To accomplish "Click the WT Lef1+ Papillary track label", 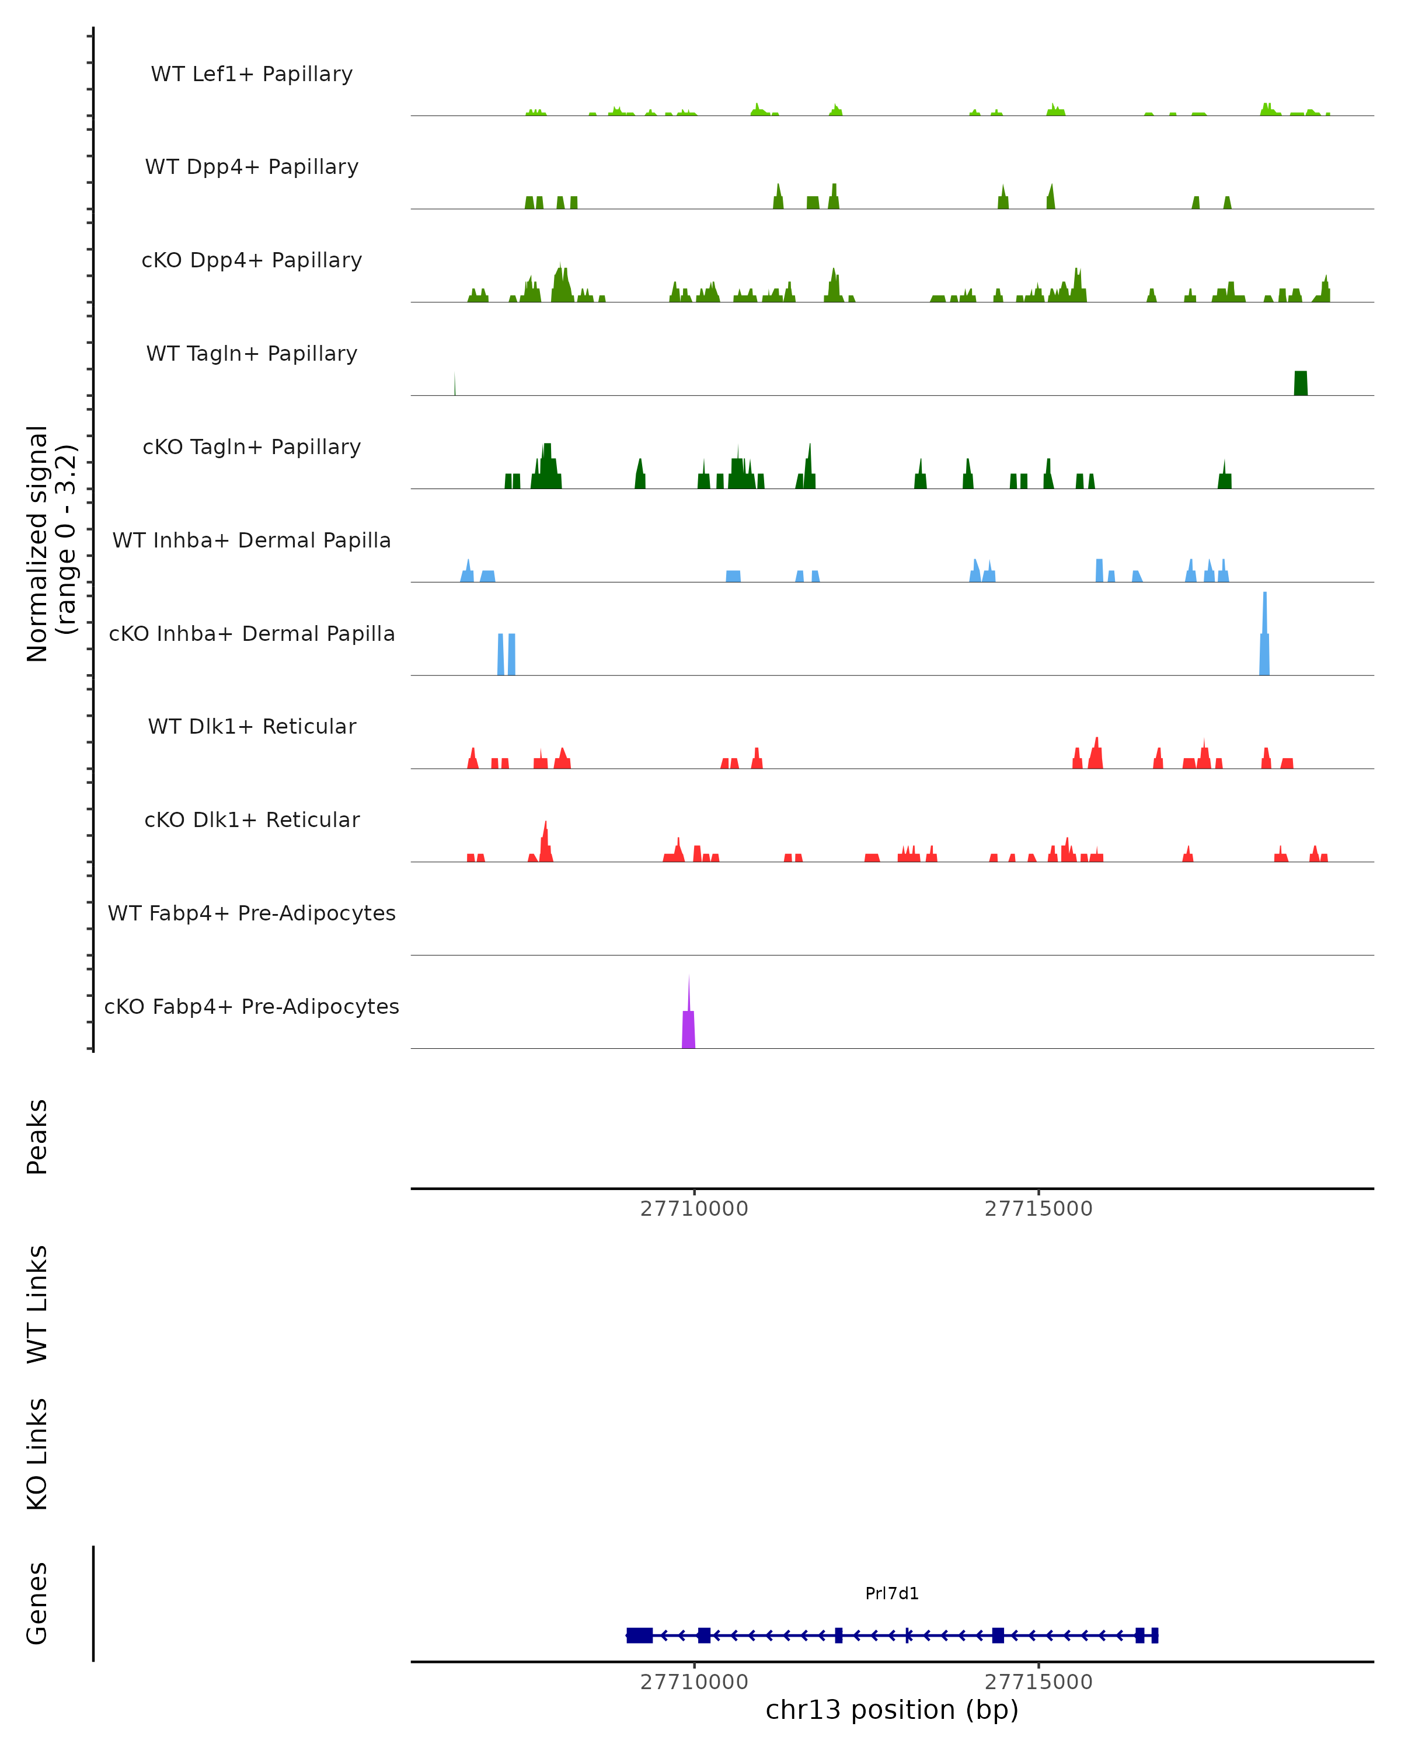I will pos(252,74).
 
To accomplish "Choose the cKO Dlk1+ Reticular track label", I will pos(252,819).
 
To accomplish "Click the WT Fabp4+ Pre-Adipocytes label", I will pos(252,913).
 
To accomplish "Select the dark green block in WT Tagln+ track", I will pos(1300,383).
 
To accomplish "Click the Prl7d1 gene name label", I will pos(892,1593).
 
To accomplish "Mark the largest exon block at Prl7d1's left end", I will pos(640,1635).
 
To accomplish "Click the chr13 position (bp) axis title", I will pos(892,1710).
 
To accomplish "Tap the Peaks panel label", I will pos(37,1137).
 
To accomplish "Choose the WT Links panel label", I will pos(37,1303).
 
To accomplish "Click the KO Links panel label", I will pos(37,1454).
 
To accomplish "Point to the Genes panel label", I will pos(37,1603).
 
